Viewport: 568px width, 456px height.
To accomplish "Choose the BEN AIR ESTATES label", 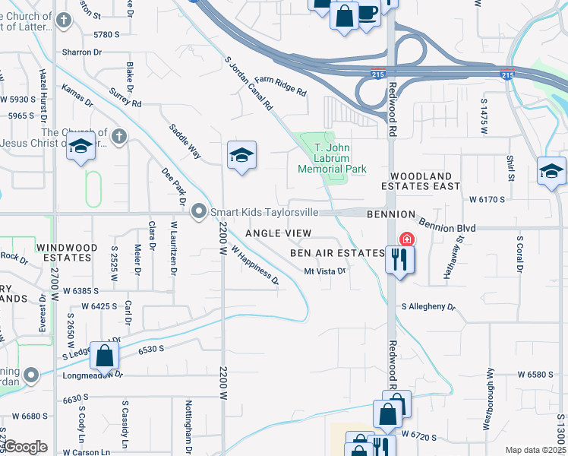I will point(337,252).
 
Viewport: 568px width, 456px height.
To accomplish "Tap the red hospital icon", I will point(407,239).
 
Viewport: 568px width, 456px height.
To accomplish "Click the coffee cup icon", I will point(368,14).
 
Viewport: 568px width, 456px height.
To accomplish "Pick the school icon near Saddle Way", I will point(241,156).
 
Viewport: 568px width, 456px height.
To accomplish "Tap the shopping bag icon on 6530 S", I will point(104,355).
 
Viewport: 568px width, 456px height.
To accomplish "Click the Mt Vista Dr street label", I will point(325,271).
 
